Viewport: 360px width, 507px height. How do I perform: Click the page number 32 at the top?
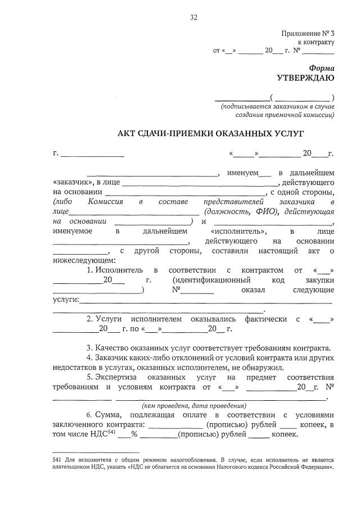click(193, 18)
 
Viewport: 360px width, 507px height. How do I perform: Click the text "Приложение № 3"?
click(309, 34)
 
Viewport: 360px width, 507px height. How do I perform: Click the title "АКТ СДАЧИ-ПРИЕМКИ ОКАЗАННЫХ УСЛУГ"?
click(194, 134)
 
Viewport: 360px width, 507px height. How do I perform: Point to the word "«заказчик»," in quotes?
click(74, 182)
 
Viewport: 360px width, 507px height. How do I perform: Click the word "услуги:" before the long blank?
click(66, 300)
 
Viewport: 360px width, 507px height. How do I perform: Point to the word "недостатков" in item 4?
click(75, 367)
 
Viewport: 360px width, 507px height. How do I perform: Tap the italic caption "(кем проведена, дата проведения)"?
click(193, 405)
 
